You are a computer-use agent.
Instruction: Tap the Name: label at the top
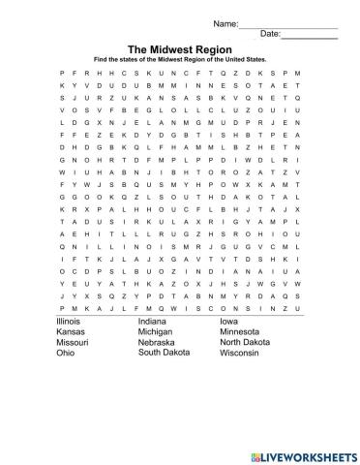pyautogui.click(x=225, y=21)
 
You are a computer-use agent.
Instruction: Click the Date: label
pyautogui.click(x=270, y=34)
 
